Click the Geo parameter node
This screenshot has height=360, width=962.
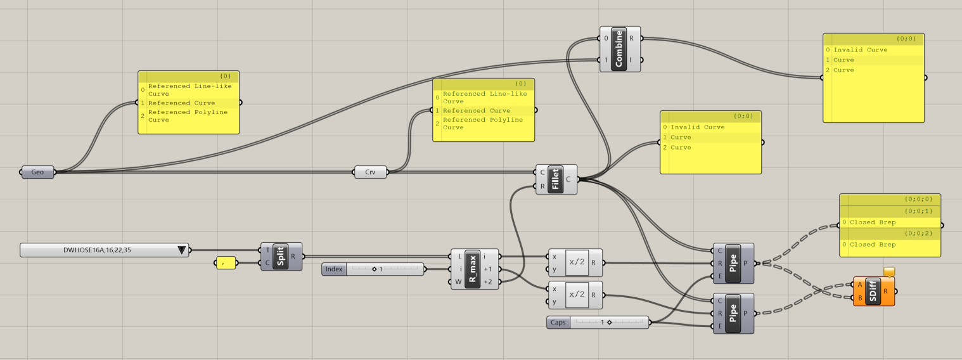click(x=37, y=172)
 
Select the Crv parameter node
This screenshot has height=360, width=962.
click(x=370, y=172)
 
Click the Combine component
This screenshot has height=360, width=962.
click(x=619, y=49)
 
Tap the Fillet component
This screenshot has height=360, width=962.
click(x=555, y=179)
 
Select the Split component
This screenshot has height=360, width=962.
click(x=281, y=257)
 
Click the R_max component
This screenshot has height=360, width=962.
click(x=472, y=269)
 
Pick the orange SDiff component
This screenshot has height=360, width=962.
click(x=873, y=292)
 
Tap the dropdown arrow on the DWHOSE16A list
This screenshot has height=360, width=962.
click(x=182, y=250)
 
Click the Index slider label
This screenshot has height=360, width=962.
click(x=334, y=269)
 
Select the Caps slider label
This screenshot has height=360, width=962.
click(x=558, y=323)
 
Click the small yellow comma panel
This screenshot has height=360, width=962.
click(x=226, y=262)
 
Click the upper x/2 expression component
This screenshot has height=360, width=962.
click(x=577, y=262)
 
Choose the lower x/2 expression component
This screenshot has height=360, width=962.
click(x=577, y=295)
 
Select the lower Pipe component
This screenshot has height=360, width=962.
click(x=733, y=313)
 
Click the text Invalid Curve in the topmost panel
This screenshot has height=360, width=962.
click(x=860, y=50)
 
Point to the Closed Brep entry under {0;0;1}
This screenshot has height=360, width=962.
click(x=873, y=222)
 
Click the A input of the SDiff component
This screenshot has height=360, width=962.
click(x=859, y=285)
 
